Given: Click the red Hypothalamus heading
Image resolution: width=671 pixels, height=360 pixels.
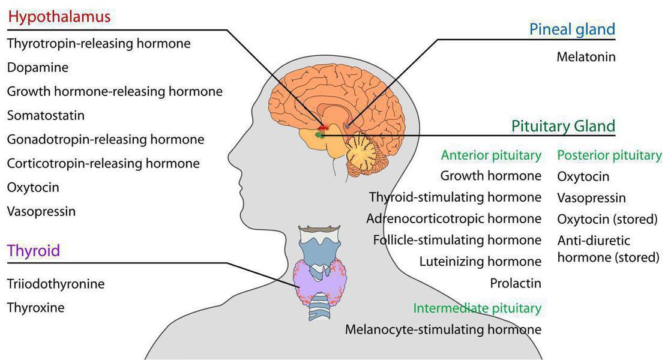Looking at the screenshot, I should click(59, 17).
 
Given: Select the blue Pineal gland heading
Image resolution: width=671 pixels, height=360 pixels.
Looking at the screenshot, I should click(572, 29).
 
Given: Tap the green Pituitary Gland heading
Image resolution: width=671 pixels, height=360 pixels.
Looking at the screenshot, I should click(563, 126).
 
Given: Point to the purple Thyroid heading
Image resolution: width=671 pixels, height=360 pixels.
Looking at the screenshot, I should click(34, 250).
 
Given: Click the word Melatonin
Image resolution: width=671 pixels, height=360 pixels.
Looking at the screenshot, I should click(586, 57).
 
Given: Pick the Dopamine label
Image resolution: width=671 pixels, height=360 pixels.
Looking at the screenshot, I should click(38, 67).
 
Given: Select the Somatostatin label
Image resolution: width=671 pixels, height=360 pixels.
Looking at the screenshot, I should click(46, 115).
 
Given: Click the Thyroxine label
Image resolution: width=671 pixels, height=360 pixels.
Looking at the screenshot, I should click(35, 308).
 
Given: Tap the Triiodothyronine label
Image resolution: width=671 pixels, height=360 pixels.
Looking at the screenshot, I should click(56, 284).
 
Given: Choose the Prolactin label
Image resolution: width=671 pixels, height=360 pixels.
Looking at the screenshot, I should click(516, 283).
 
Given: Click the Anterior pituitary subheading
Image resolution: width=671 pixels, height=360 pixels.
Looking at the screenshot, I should click(491, 155).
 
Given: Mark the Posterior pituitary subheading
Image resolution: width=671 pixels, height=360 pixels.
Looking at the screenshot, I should click(609, 155).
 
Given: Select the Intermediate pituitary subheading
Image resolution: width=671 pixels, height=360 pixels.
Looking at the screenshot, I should click(477, 308).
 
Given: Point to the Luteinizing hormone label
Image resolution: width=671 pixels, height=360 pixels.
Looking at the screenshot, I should click(480, 262).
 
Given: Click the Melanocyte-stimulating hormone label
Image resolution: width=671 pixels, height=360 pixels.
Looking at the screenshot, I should click(443, 329).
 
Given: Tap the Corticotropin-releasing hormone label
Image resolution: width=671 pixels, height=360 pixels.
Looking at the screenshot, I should click(103, 163).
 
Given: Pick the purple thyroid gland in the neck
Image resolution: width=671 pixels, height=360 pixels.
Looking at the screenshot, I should click(318, 282).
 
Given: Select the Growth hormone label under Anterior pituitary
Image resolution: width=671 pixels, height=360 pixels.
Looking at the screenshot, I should click(490, 176).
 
